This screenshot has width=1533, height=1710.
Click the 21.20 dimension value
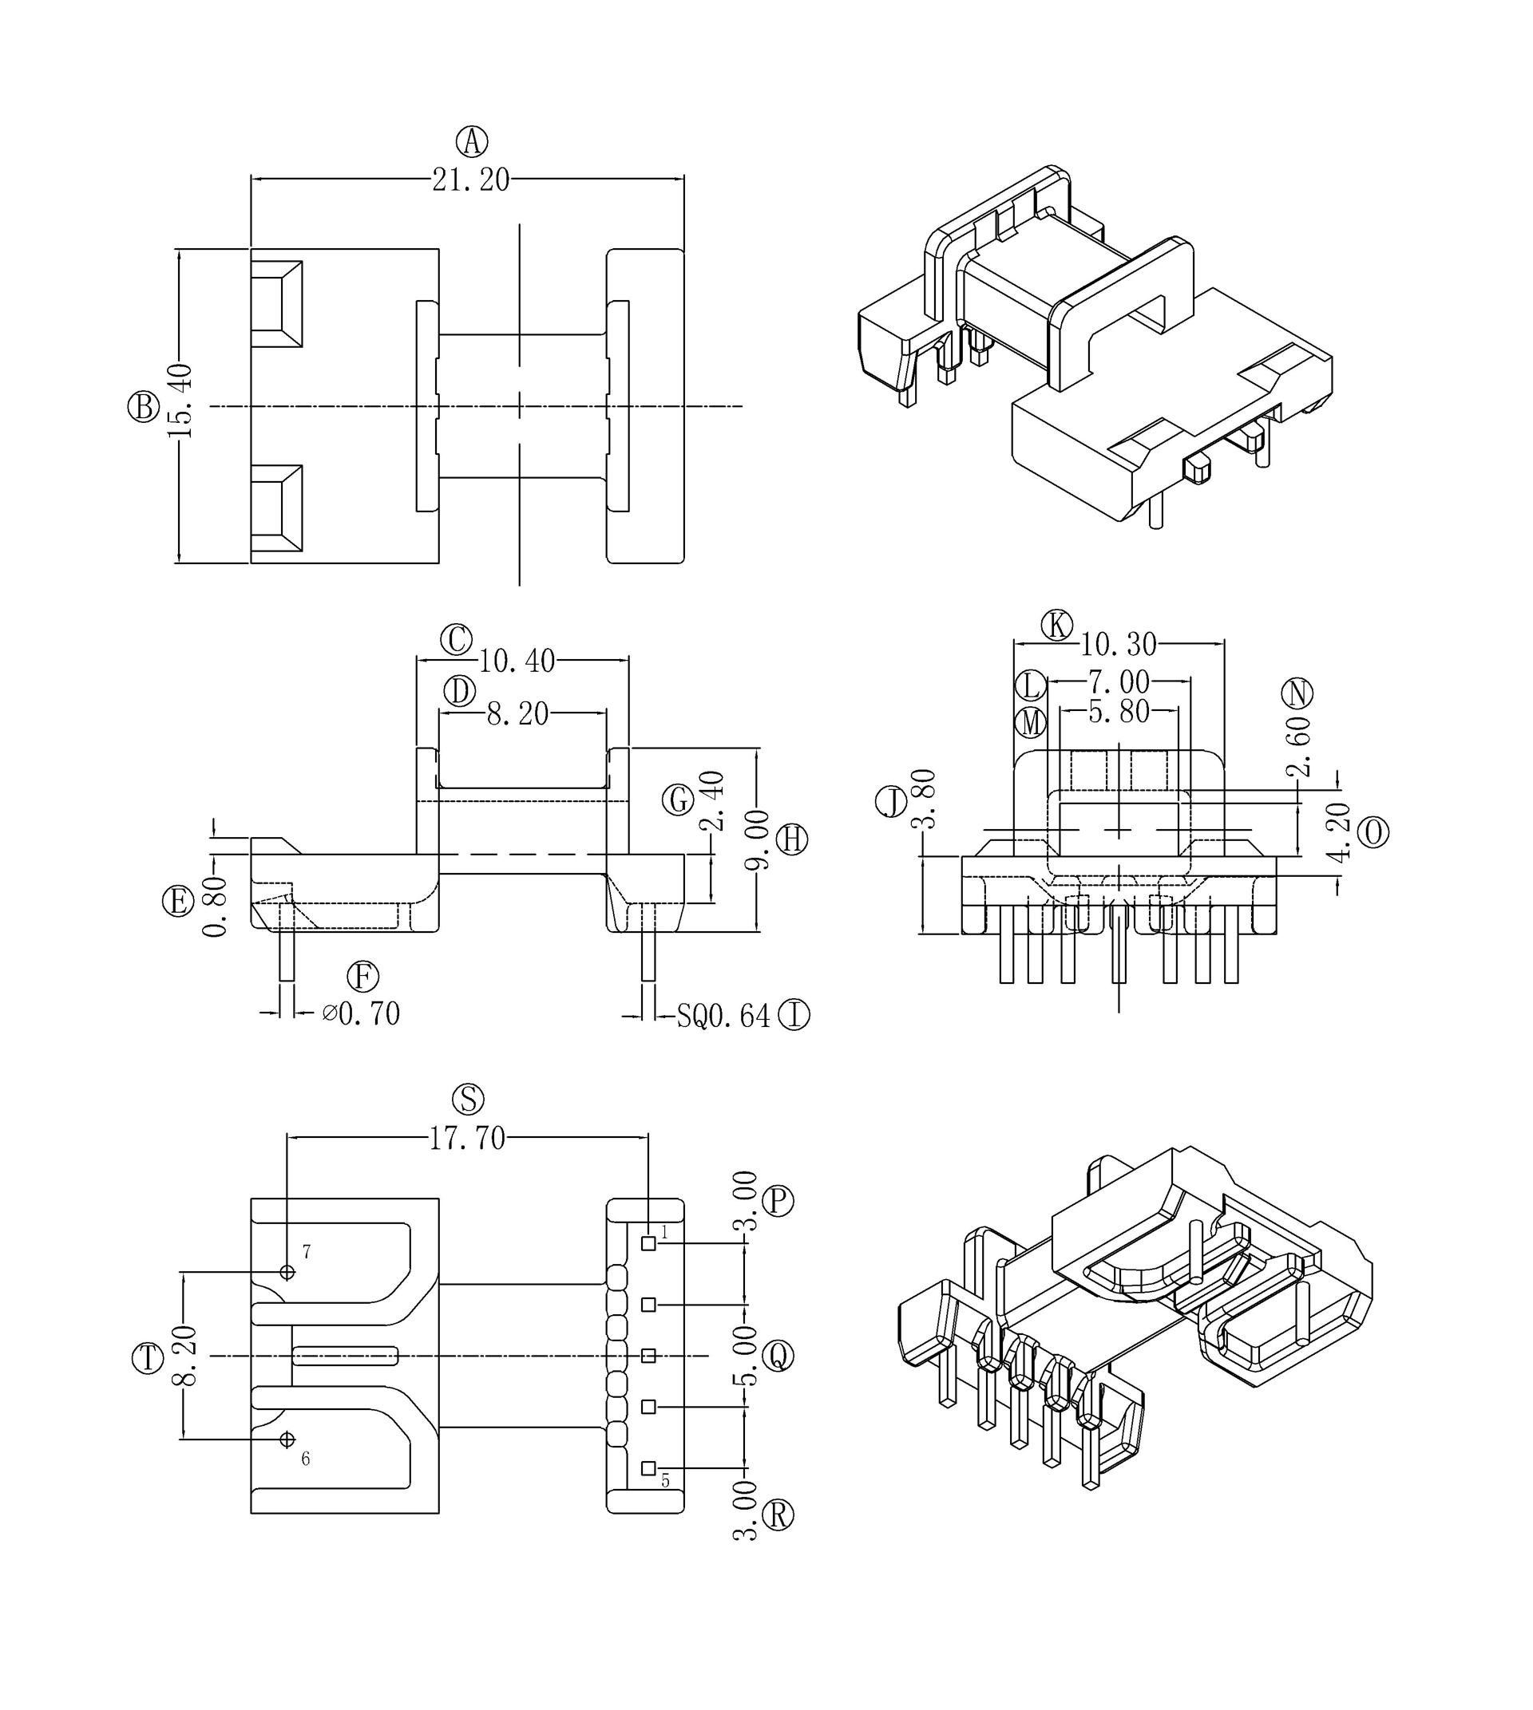click(x=471, y=180)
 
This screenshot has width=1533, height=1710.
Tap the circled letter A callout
click(x=473, y=141)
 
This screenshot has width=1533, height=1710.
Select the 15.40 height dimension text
click(x=181, y=401)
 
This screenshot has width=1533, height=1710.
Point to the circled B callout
click(x=143, y=407)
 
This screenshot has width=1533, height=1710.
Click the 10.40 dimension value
click(x=517, y=661)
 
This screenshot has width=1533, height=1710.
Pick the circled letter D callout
click(x=460, y=691)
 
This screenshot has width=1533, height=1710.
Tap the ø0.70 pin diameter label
click(x=362, y=1013)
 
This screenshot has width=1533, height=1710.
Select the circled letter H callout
click(x=792, y=839)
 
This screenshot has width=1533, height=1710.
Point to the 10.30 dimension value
click(x=1119, y=645)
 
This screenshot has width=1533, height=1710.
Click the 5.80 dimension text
click(x=1119, y=713)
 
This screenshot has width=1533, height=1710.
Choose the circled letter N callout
click(x=1298, y=693)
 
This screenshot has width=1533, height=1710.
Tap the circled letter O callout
click(x=1374, y=833)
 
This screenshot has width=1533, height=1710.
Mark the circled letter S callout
click(x=469, y=1100)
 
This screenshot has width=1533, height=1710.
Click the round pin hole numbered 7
click(x=287, y=1272)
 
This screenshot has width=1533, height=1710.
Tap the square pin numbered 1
click(x=648, y=1243)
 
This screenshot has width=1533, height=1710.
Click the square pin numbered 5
click(x=648, y=1468)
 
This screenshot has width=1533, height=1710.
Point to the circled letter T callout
click(x=149, y=1359)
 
